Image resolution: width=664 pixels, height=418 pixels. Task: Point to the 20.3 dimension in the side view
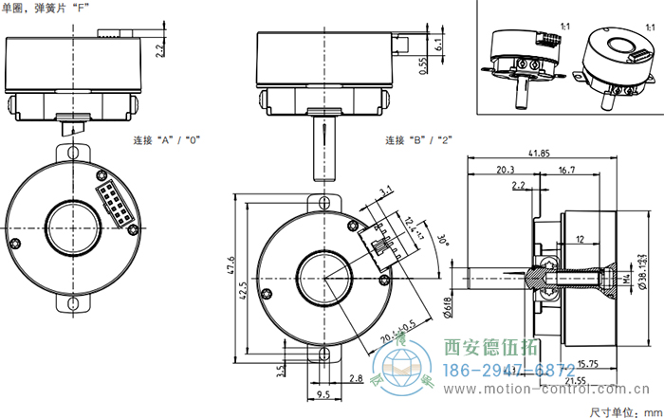(506, 170)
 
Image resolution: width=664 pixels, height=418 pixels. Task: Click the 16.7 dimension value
(567, 170)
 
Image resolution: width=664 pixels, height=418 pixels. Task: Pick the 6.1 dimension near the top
(437, 43)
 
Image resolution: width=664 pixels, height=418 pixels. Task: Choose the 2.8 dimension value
(356, 379)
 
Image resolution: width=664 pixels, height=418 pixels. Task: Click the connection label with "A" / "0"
(166, 140)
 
